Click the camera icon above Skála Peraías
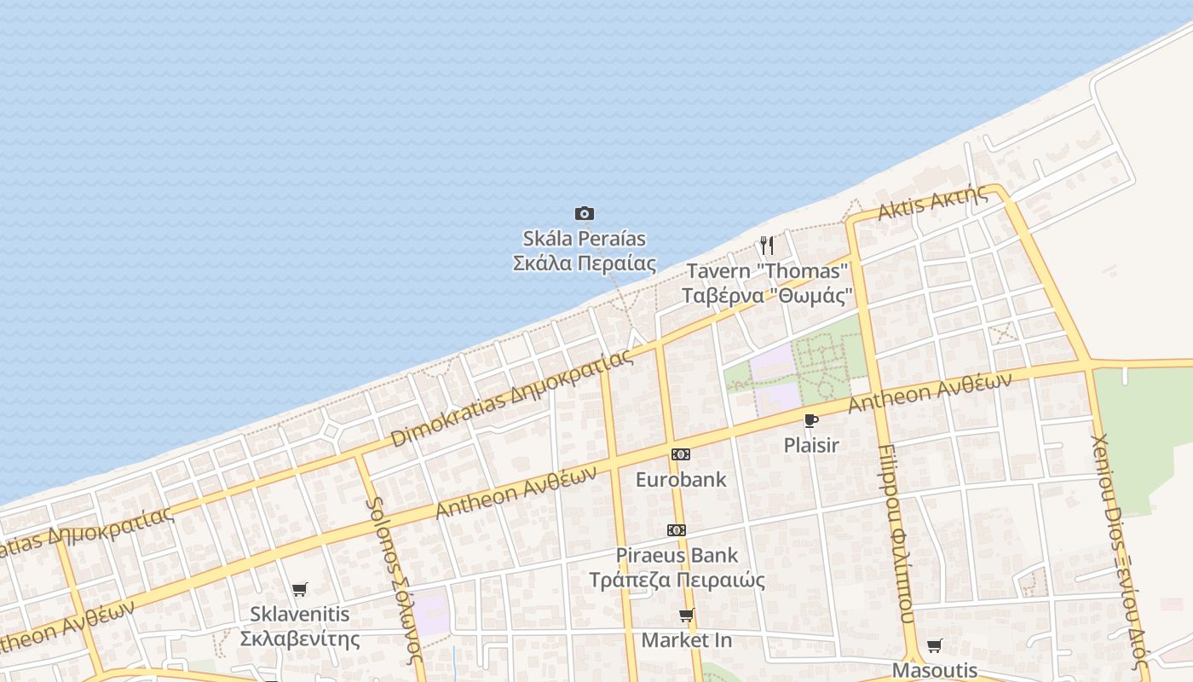pyautogui.click(x=584, y=213)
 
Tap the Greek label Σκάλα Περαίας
pyautogui.click(x=584, y=263)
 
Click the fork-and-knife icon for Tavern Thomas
pyautogui.click(x=767, y=246)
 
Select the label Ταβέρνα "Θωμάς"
pyautogui.click(x=767, y=296)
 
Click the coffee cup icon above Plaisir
pyautogui.click(x=810, y=420)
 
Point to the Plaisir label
pyautogui.click(x=811, y=445)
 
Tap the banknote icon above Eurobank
pyautogui.click(x=680, y=454)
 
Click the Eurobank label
pyautogui.click(x=681, y=479)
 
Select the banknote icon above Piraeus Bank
pyautogui.click(x=677, y=530)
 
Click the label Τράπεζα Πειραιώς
pyautogui.click(x=677, y=581)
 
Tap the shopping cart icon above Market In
pyautogui.click(x=686, y=615)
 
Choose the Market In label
pyautogui.click(x=687, y=639)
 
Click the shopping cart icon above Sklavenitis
pyautogui.click(x=299, y=589)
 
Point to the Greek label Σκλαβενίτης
pyautogui.click(x=299, y=639)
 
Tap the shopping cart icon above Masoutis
pyautogui.click(x=935, y=645)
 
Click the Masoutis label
pyautogui.click(x=935, y=670)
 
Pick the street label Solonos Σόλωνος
pyautogui.click(x=395, y=580)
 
